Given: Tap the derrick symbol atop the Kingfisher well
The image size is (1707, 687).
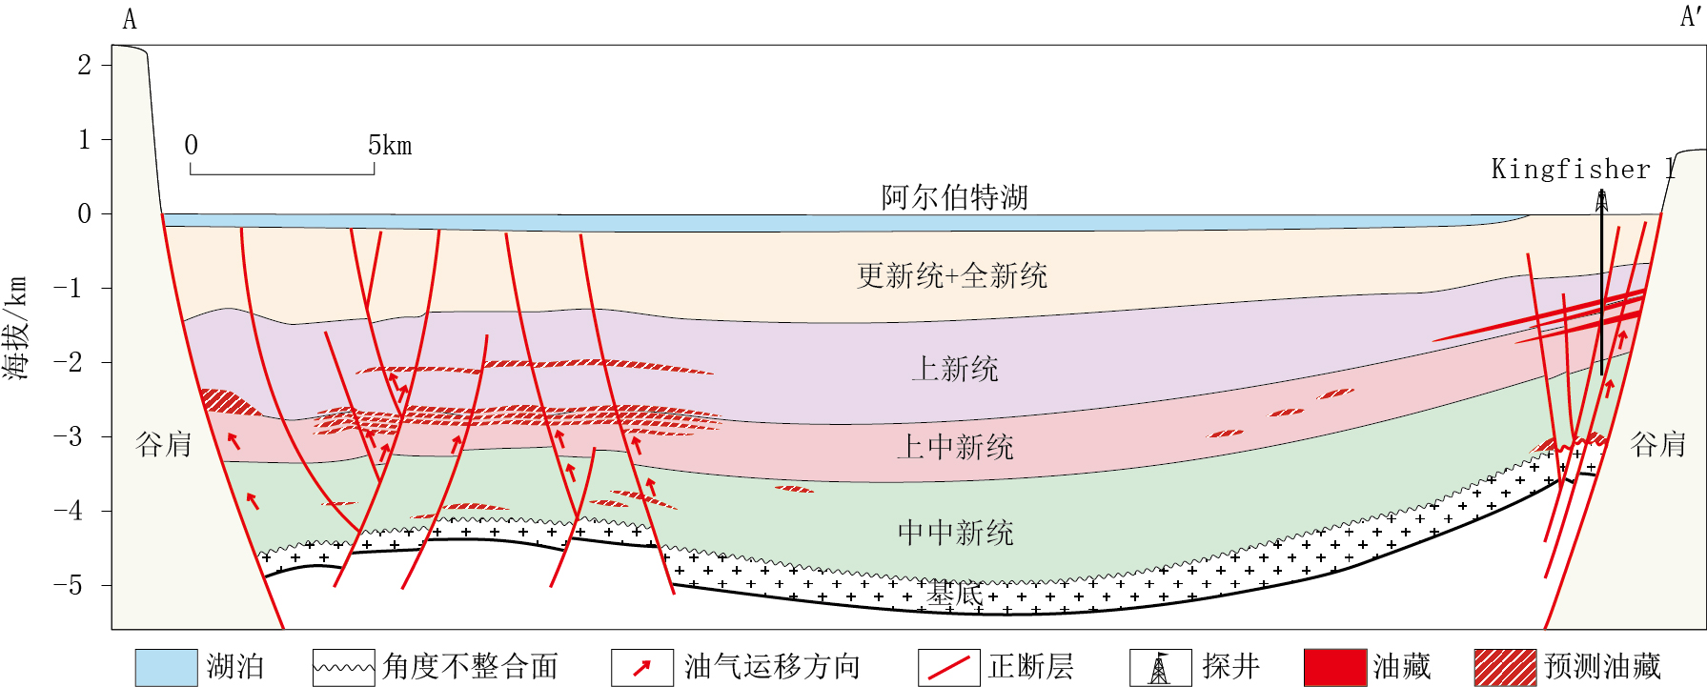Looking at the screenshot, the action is point(1601,201).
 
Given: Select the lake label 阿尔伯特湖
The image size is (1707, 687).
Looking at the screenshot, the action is point(954,197).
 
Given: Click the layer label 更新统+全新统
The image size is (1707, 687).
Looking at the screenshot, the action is point(951,276).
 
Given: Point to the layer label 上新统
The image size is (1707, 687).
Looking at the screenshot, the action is point(954,369).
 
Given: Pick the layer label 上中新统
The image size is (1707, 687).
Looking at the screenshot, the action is point(954,447).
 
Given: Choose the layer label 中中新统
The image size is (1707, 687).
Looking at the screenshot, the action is point(955,533).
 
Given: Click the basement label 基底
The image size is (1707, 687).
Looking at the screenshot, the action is point(954,595).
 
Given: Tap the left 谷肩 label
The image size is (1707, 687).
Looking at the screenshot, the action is point(163,444).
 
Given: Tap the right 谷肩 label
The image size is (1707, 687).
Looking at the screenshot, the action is point(1658,444).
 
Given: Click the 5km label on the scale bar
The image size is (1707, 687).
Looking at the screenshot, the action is point(390,146).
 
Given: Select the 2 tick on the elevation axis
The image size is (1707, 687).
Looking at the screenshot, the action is point(84,65).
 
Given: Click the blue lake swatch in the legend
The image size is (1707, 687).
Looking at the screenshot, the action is point(166,667).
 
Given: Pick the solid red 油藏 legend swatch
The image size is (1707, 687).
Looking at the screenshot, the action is point(1334,667).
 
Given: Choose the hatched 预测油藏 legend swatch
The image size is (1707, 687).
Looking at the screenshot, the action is point(1505,667).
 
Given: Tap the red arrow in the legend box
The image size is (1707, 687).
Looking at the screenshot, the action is point(641,667).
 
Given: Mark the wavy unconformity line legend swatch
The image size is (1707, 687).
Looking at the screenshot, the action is point(343,667).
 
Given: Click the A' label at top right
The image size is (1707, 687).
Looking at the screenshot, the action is point(1690,16).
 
